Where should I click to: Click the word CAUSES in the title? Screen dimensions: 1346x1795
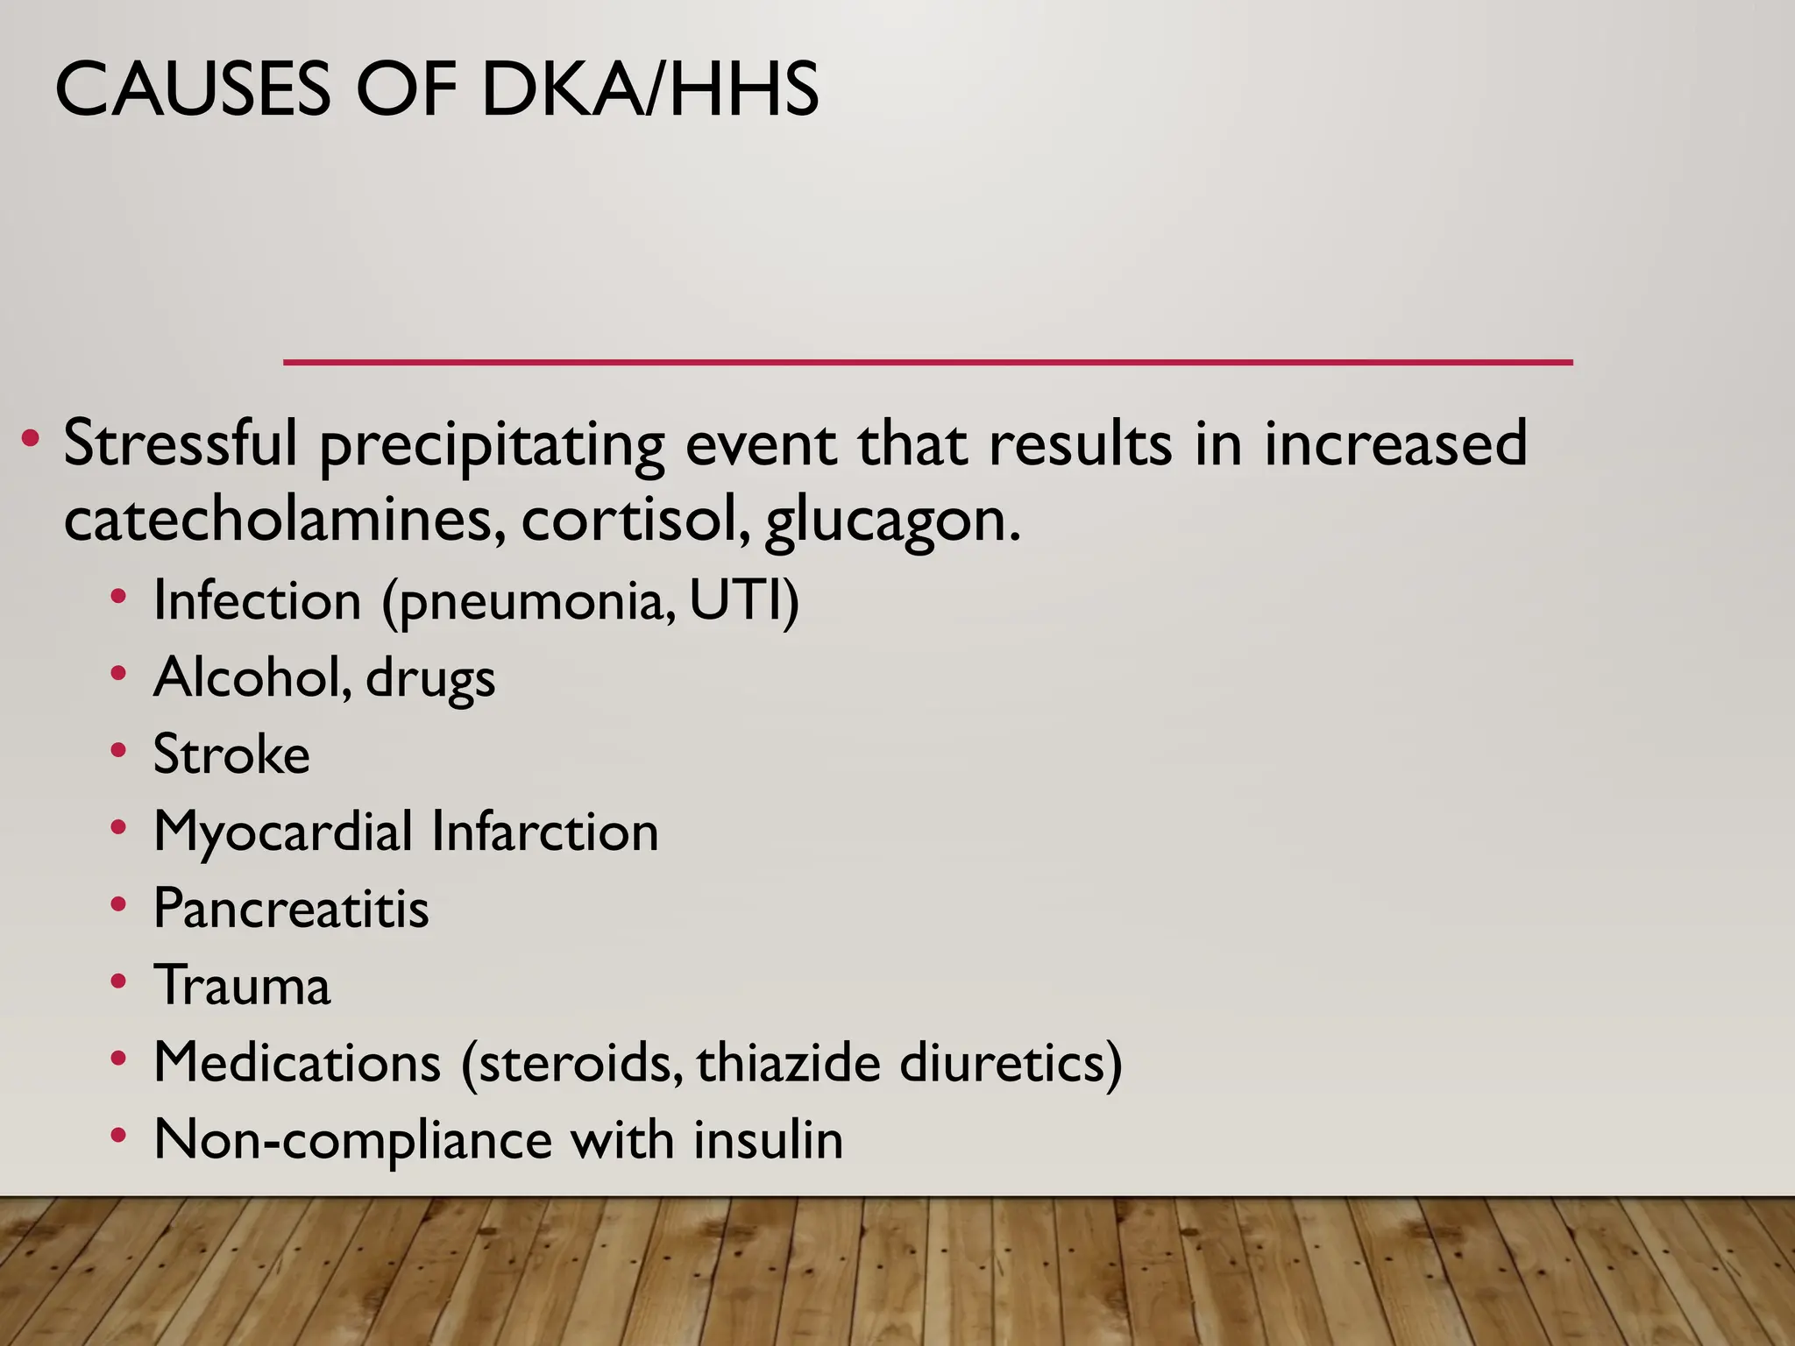coord(194,89)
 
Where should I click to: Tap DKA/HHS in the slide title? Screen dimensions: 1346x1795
coord(649,89)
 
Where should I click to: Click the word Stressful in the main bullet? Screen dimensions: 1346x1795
coord(181,443)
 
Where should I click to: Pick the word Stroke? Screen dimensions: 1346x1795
coord(231,754)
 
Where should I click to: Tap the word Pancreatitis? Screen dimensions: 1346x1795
coord(291,909)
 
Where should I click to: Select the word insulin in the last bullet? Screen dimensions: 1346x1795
coord(768,1139)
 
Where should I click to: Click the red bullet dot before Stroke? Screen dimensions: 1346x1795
coord(118,752)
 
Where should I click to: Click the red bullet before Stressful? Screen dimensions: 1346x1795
coord(31,437)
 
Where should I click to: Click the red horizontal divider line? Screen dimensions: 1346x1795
coord(928,362)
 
